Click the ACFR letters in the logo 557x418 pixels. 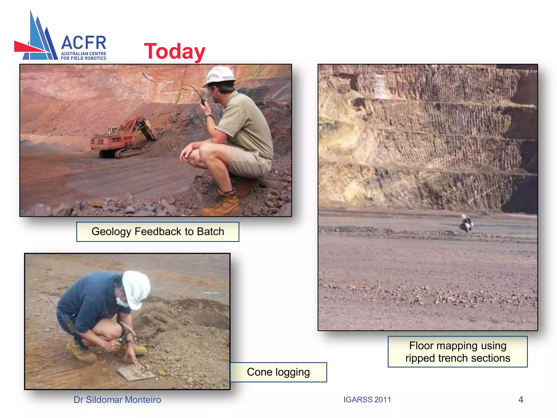point(83,43)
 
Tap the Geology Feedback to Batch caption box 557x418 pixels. point(158,232)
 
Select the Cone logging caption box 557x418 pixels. point(278,372)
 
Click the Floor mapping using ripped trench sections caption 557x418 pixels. point(457,352)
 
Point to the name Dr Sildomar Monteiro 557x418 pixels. point(117,399)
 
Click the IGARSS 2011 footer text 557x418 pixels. point(367,399)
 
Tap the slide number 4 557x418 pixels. point(521,399)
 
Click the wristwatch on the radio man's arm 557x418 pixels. point(209,117)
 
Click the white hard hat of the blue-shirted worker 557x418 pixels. point(136,288)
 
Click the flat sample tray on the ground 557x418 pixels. point(136,373)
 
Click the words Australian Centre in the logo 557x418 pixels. point(83,54)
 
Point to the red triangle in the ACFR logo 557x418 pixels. point(27,47)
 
